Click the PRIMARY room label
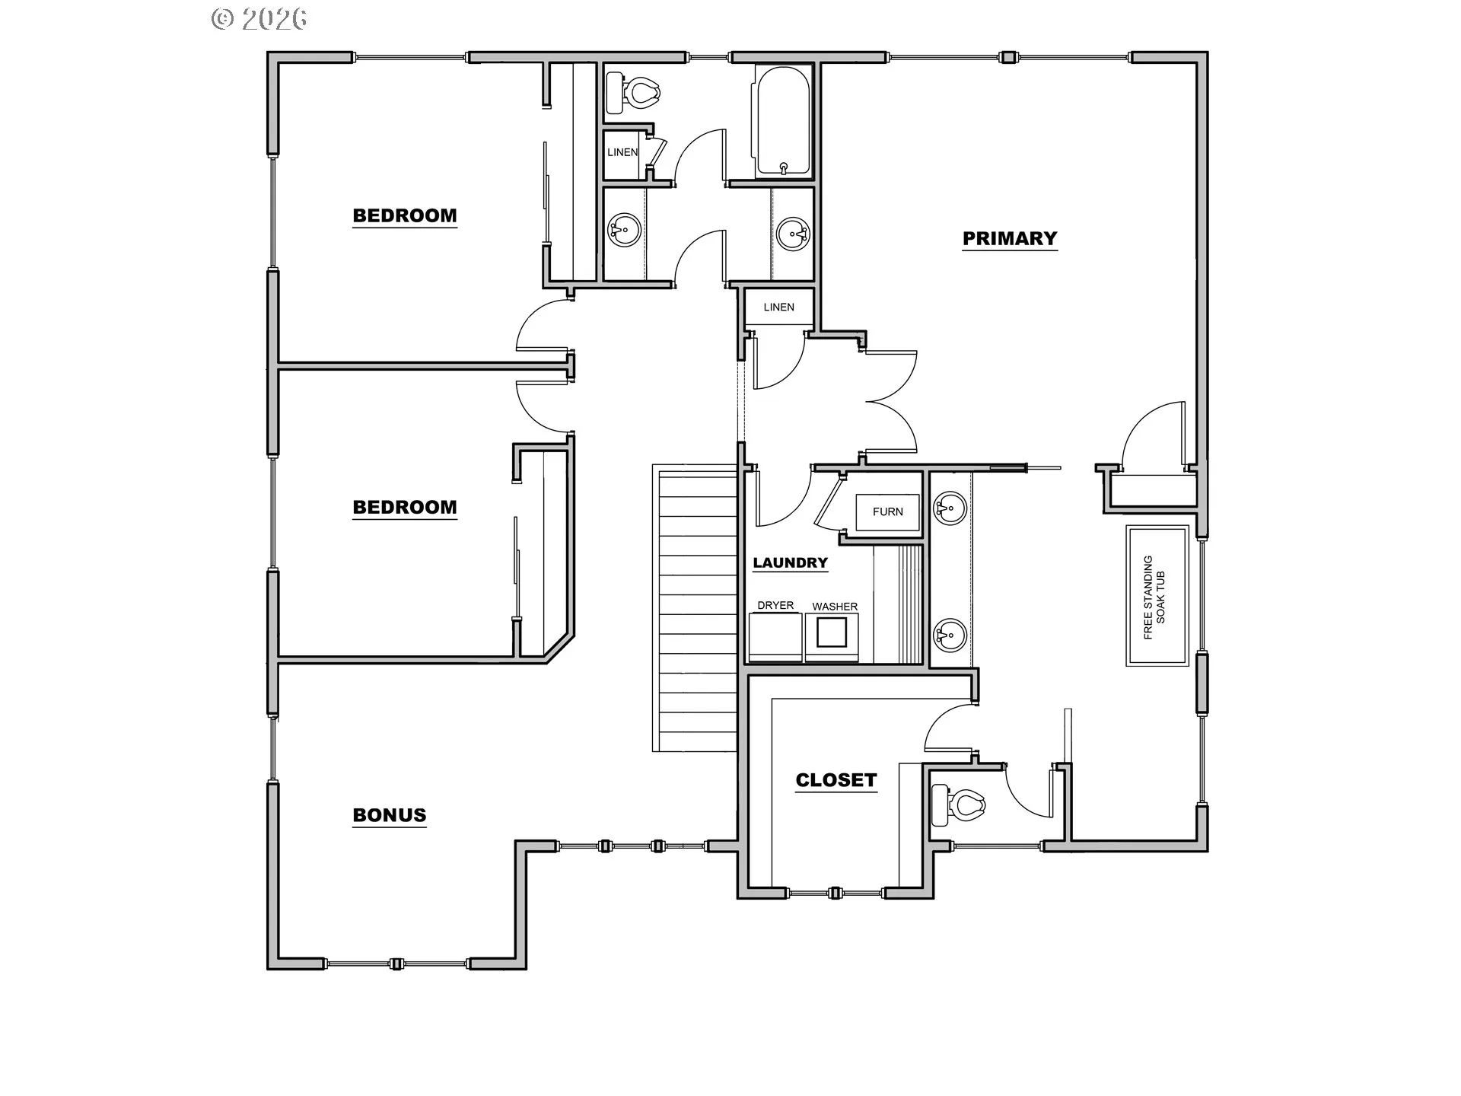click(x=1010, y=238)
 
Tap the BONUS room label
click(x=390, y=815)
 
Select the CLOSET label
click(x=836, y=780)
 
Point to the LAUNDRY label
click(x=791, y=562)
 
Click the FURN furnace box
click(x=888, y=511)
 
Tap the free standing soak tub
click(x=1157, y=596)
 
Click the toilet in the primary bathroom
click(x=959, y=804)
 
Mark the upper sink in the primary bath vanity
click(x=950, y=508)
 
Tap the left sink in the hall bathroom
click(x=625, y=229)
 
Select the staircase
click(x=695, y=608)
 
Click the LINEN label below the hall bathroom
click(x=779, y=307)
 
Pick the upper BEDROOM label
click(x=405, y=215)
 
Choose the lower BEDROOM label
click(x=405, y=507)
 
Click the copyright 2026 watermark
click(x=259, y=19)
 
